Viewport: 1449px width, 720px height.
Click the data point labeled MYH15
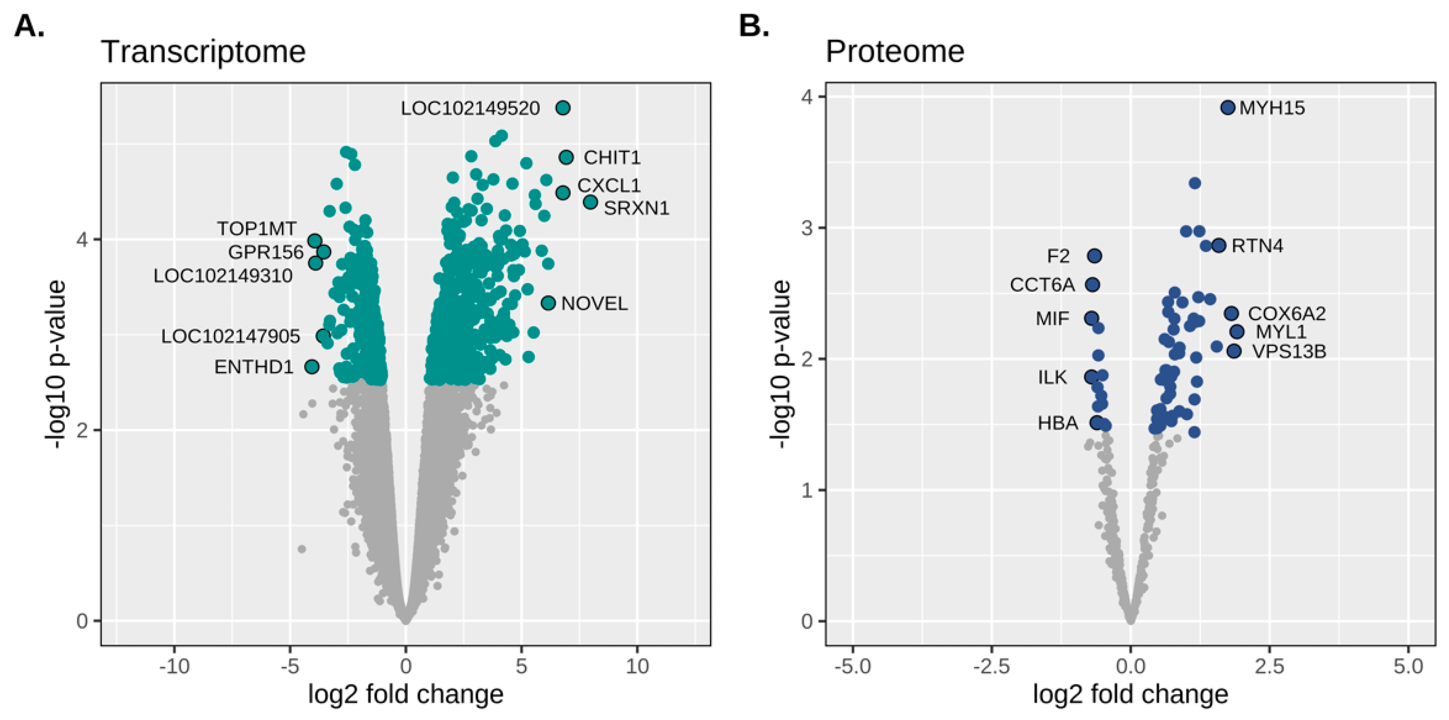1227,107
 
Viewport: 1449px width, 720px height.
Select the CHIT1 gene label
612,158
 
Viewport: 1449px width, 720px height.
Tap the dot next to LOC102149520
563,107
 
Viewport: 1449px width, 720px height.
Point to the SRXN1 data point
590,202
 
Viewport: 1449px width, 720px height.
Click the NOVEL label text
594,304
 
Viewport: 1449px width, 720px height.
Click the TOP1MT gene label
257,229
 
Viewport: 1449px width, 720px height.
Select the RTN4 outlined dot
1218,245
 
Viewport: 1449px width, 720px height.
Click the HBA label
1058,423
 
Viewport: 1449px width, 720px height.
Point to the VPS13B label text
1289,352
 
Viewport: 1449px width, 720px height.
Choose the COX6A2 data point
1231,313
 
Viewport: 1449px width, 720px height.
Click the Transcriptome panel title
203,52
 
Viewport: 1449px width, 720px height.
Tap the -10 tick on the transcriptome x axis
174,667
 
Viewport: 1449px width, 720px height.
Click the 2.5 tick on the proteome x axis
1269,667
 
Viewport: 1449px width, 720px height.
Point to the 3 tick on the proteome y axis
807,228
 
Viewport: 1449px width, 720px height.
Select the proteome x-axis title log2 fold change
1130,694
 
